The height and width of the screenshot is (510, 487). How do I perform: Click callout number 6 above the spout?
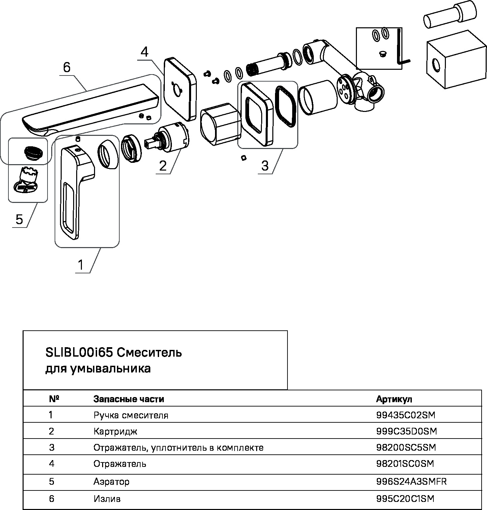point(67,68)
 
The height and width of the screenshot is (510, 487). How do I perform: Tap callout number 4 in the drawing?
point(144,52)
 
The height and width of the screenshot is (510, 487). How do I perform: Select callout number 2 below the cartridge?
point(163,166)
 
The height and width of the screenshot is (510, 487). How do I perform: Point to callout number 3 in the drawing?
point(265,166)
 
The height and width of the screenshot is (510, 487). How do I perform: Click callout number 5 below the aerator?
point(19,219)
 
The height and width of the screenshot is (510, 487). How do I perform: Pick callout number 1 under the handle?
point(81,265)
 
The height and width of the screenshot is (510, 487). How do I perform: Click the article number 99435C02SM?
point(405,415)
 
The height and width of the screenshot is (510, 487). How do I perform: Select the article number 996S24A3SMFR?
point(411,481)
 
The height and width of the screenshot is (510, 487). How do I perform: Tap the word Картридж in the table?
point(116,431)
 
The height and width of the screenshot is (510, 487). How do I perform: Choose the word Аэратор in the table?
point(112,481)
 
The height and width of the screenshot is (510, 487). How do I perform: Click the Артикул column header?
point(394,399)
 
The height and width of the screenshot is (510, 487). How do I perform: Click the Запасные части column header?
point(129,399)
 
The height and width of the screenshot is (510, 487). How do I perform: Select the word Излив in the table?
point(107,499)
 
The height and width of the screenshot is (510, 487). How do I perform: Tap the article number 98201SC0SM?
point(405,464)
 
